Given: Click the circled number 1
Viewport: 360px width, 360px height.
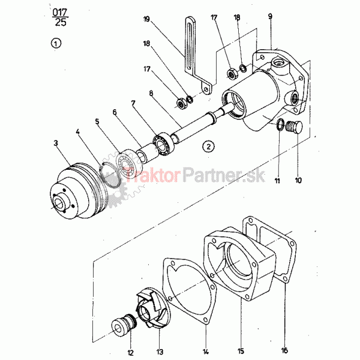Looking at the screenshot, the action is point(56,43).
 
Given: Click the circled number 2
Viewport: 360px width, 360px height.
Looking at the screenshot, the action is point(208,146).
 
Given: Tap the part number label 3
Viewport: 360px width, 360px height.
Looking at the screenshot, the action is point(56,143).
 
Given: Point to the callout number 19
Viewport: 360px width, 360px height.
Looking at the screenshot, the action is point(147,19).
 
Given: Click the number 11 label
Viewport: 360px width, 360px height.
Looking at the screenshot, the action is point(277,181).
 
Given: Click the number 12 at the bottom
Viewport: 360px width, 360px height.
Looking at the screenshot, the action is point(130,353).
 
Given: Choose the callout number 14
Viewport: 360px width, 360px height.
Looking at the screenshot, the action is point(205,351).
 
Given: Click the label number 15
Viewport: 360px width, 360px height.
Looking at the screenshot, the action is point(241,351).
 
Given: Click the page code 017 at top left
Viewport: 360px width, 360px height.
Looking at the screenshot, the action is point(60,12).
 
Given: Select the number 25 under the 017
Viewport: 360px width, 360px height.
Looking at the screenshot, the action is point(61,22).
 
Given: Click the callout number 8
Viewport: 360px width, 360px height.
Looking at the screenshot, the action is point(151,93).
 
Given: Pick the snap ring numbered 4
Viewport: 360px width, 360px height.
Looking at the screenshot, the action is point(111,175).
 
